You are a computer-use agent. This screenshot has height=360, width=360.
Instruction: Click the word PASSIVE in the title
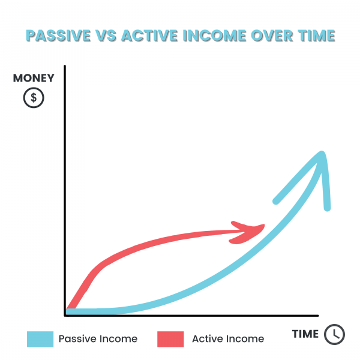coord(58,36)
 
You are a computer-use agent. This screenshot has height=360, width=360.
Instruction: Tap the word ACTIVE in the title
coord(149,36)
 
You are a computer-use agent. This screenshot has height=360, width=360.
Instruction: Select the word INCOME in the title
coord(215,36)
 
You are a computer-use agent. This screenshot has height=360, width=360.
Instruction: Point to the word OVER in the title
coord(272,36)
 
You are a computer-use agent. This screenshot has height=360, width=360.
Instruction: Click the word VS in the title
coord(106,36)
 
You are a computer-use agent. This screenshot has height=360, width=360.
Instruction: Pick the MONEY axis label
coord(34,78)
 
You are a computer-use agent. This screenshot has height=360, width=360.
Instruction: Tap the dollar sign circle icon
coord(34,98)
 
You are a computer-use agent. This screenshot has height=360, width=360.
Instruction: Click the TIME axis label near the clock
coord(305,334)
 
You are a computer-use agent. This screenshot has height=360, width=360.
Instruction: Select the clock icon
coord(334,334)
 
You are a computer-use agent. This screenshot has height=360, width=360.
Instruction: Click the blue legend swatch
coord(40,339)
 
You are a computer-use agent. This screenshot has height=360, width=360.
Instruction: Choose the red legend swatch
coord(170,339)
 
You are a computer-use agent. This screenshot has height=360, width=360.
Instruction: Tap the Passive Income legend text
coord(98,339)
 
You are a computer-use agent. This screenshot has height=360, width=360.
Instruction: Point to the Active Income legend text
coord(228,339)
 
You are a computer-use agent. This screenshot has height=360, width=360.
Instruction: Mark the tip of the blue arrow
coord(322,153)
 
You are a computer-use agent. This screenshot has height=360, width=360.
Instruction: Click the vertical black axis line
coord(65,191)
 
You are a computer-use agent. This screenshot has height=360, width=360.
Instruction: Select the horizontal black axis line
coord(191,316)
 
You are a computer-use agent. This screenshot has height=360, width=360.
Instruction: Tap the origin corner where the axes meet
coord(65,316)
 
